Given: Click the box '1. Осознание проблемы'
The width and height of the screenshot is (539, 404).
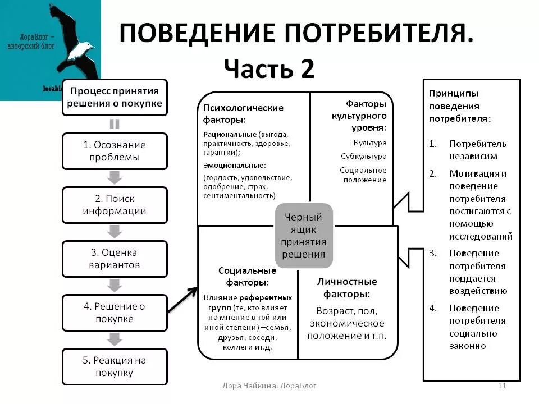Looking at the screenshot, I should (x=115, y=151).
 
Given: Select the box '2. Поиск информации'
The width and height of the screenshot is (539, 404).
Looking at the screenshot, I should (x=115, y=205).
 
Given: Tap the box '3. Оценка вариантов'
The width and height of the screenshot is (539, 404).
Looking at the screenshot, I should (x=115, y=259).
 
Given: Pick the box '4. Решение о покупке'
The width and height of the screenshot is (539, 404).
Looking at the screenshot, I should (x=115, y=313).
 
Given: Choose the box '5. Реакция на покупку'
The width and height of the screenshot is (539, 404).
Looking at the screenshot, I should (x=115, y=366).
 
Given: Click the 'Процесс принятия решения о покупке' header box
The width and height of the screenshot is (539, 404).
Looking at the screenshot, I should (x=115, y=97).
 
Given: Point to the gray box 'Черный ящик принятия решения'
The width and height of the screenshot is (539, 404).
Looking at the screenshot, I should (x=304, y=235).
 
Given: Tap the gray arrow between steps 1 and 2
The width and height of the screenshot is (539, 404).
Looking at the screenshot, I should (x=115, y=177).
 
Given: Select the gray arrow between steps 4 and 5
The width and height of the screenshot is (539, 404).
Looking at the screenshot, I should (x=115, y=339).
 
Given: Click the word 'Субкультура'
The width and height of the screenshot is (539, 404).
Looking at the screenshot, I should (x=363, y=157).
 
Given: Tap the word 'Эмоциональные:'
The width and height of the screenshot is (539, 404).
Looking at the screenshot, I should (x=235, y=165).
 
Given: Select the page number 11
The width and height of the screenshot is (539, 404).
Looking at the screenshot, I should (x=503, y=385).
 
